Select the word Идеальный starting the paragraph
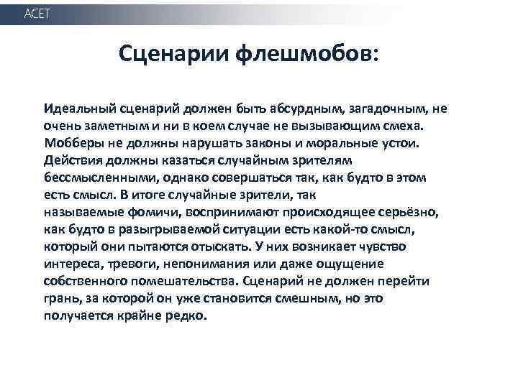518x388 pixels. pyautogui.click(x=76, y=109)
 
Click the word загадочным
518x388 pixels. pyautogui.click(x=387, y=109)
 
